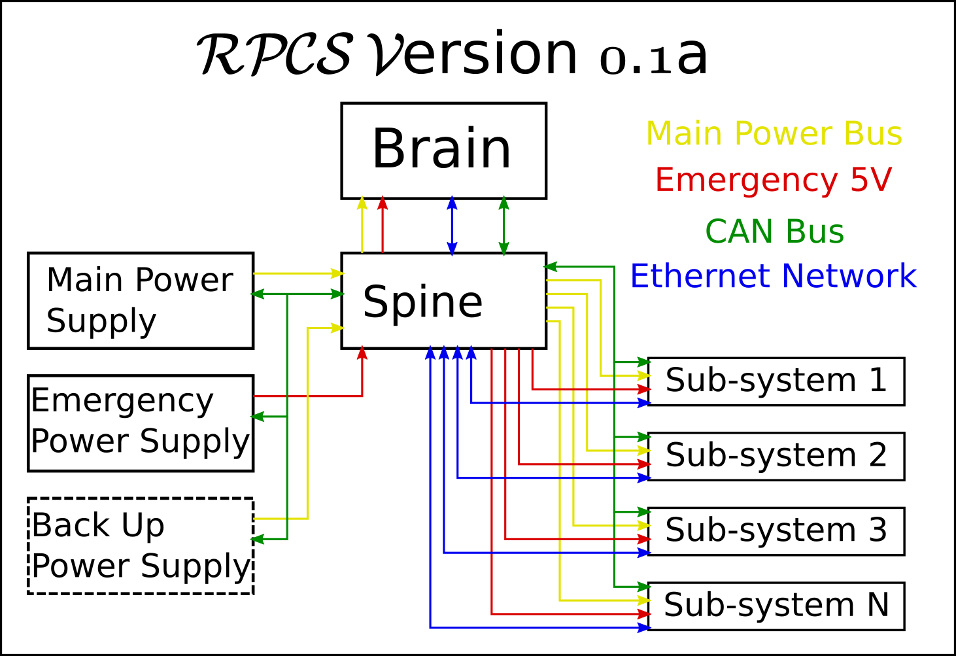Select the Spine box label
click(x=422, y=302)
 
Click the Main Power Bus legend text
click(x=774, y=133)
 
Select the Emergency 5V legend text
click(x=774, y=180)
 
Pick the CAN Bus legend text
click(x=774, y=232)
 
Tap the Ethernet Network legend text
click(x=774, y=276)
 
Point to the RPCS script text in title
click(x=275, y=54)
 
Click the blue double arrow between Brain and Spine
click(x=452, y=226)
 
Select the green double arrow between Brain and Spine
click(x=504, y=226)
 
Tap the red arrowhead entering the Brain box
click(x=383, y=203)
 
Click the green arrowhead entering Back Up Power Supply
click(x=257, y=540)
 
